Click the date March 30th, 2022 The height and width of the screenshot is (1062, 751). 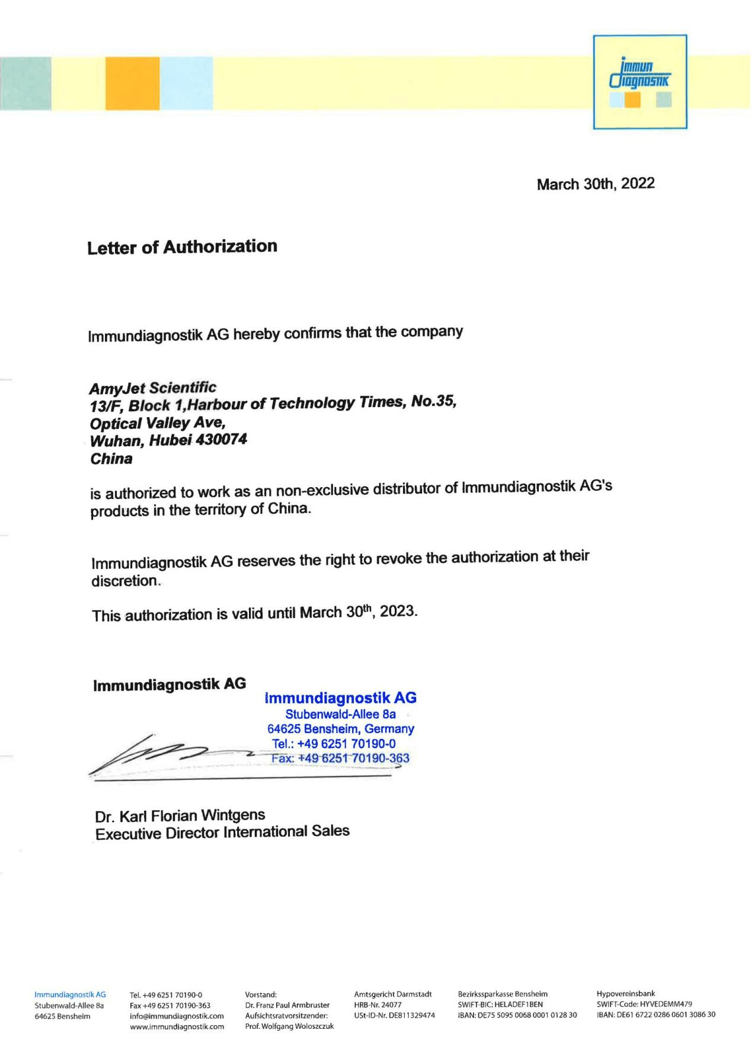(x=595, y=184)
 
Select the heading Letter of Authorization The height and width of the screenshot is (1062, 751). (x=182, y=247)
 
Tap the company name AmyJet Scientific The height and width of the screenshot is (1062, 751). (x=152, y=388)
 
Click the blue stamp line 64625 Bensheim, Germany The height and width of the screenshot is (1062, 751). (x=340, y=728)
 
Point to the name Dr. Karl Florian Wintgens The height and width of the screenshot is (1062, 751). (x=180, y=816)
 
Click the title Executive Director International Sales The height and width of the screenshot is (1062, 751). (x=222, y=833)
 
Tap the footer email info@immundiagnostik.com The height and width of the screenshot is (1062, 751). (x=177, y=1016)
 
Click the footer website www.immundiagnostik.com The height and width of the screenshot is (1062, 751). (x=177, y=1026)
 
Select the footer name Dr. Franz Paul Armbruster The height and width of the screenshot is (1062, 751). (x=287, y=1005)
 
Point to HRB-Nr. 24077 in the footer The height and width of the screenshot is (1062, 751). (x=378, y=1005)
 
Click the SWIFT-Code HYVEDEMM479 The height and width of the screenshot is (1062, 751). (x=644, y=1005)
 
